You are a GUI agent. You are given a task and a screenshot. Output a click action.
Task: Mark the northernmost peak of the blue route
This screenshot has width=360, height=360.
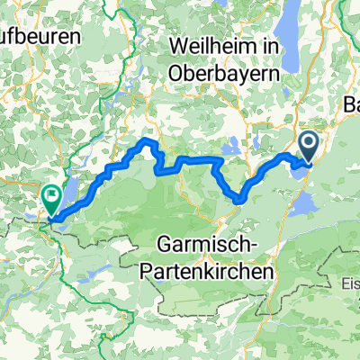pos(148,142)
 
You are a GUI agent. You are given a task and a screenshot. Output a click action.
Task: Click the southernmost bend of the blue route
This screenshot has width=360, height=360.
pos(239,200)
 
